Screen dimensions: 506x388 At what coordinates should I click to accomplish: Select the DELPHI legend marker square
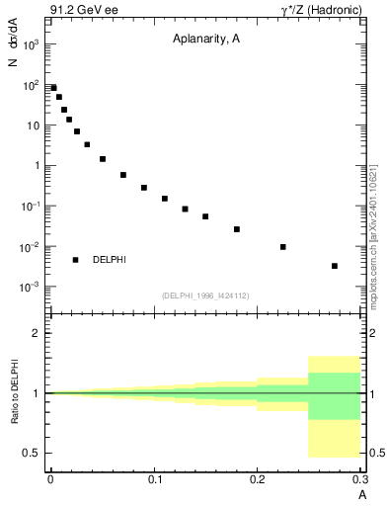point(75,260)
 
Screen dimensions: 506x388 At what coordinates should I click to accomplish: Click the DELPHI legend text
point(110,260)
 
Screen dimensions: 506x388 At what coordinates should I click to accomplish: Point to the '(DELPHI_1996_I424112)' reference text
point(204,295)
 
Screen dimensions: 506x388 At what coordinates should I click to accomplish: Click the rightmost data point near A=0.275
point(335,266)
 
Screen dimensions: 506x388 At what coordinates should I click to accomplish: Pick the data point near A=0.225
point(283,247)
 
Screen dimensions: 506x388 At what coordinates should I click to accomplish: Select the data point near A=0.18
point(237,229)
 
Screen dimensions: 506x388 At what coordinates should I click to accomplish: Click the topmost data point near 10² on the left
point(53,88)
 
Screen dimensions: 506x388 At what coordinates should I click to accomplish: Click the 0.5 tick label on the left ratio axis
point(34,453)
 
